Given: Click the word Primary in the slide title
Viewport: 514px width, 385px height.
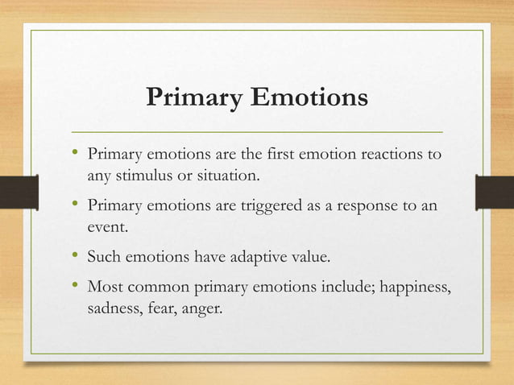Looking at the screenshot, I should tap(193, 98).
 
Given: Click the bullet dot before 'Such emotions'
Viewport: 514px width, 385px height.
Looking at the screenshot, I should tap(74, 258).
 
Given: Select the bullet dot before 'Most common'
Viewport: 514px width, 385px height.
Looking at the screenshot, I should tap(74, 286).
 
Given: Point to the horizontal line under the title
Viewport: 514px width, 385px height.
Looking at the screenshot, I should tap(257, 130).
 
